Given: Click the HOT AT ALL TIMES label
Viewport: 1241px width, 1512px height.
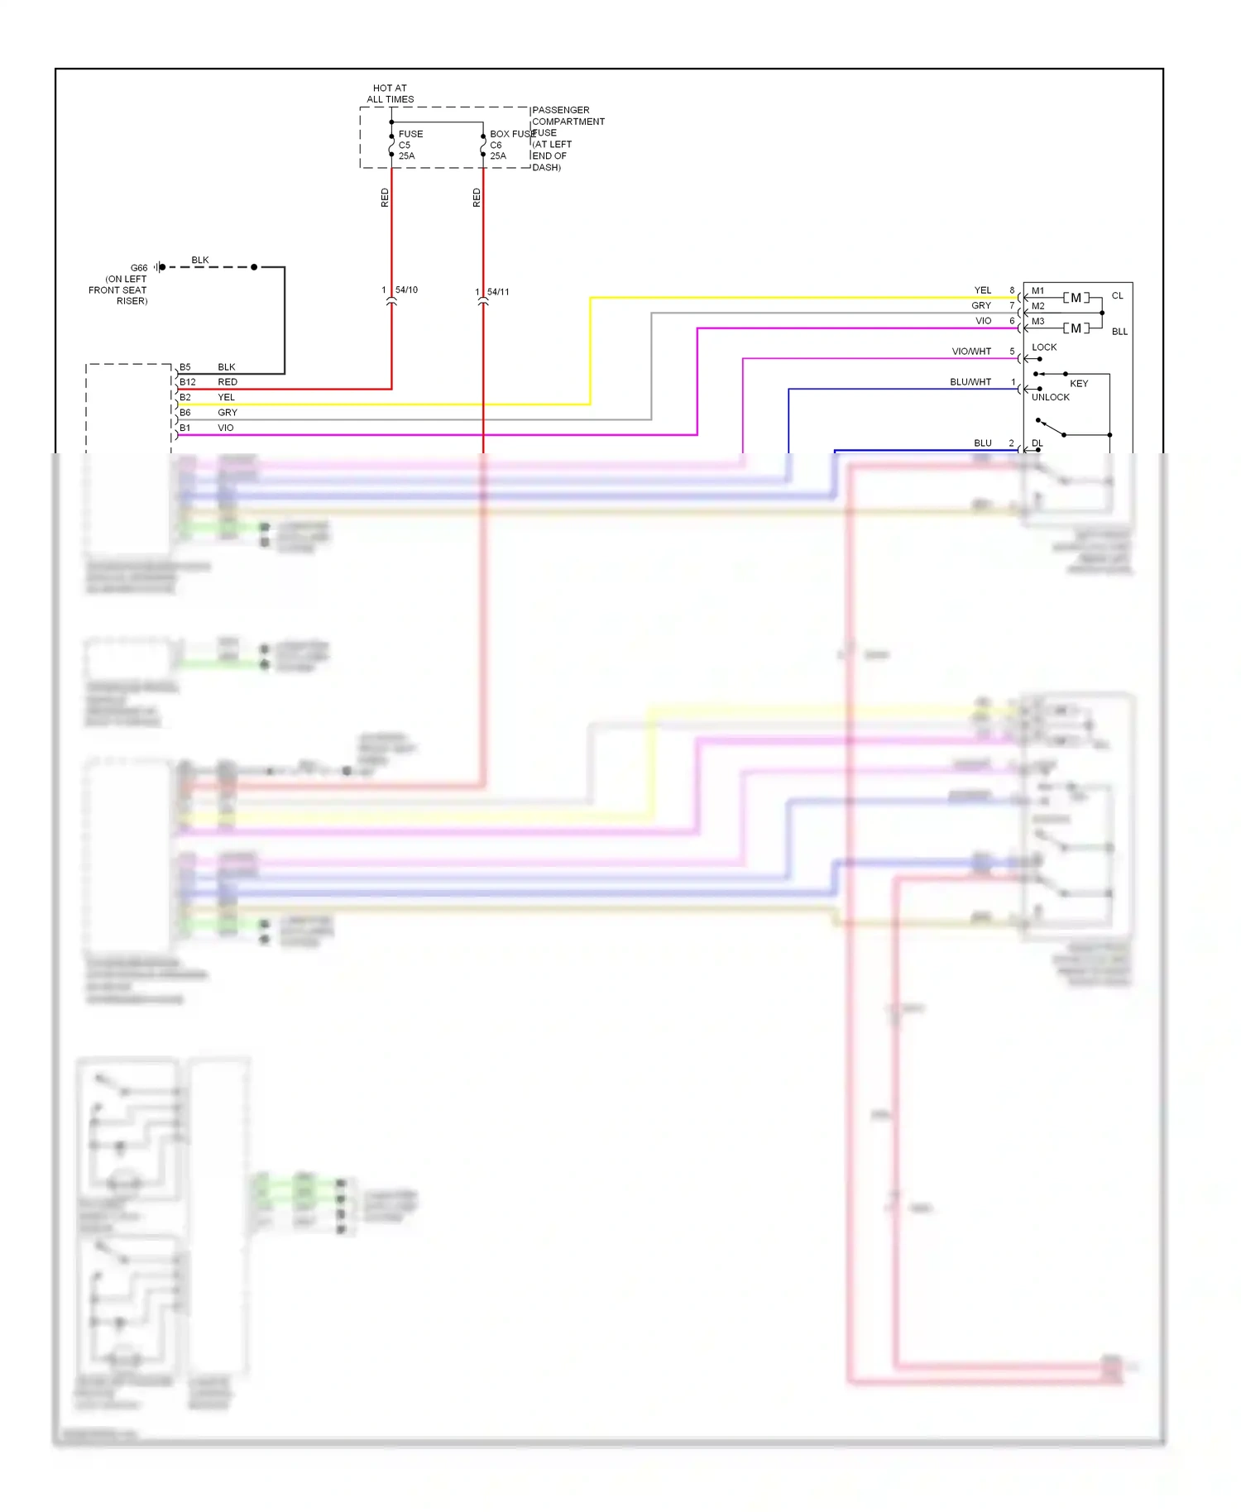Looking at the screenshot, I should click(x=390, y=93).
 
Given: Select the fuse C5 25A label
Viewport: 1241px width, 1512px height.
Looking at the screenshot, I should click(x=409, y=145).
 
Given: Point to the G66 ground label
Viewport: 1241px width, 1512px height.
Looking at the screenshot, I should click(x=139, y=268).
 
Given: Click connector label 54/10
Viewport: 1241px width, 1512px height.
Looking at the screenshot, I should click(x=406, y=290).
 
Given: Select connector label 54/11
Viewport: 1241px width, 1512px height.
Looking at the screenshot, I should click(x=498, y=292).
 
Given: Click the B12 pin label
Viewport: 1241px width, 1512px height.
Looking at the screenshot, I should click(x=188, y=382).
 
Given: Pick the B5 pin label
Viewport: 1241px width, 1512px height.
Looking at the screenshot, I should click(x=185, y=367).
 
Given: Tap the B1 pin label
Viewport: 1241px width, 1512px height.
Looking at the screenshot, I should click(x=185, y=428).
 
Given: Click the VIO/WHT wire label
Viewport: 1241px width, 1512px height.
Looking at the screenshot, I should click(x=971, y=352).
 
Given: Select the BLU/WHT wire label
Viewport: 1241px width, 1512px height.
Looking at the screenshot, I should click(x=970, y=382).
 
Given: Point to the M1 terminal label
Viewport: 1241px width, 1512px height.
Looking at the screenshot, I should click(x=1037, y=291).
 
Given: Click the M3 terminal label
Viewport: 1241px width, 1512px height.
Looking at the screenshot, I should click(x=1037, y=322).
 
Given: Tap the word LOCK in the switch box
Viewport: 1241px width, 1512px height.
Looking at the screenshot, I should click(x=1044, y=347).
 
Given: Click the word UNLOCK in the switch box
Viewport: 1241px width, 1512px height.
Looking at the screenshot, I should click(x=1050, y=397).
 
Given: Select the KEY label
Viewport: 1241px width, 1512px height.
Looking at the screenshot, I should click(x=1079, y=384).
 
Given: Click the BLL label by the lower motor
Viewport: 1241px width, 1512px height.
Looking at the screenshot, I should click(x=1119, y=332).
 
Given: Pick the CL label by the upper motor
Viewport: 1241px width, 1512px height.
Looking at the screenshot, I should click(x=1117, y=296).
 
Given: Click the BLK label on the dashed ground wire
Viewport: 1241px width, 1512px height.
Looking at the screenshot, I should click(x=200, y=260).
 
